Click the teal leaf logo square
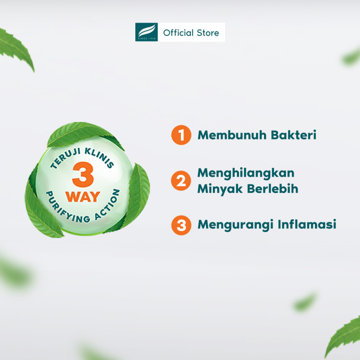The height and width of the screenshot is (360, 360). pyautogui.click(x=147, y=32)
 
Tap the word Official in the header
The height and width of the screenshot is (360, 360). pyautogui.click(x=178, y=33)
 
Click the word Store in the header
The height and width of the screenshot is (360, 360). pyautogui.click(x=208, y=33)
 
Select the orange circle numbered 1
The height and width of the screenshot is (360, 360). pyautogui.click(x=181, y=135)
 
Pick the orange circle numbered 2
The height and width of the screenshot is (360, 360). pyautogui.click(x=181, y=181)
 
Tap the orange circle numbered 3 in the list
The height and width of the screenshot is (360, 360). pyautogui.click(x=181, y=225)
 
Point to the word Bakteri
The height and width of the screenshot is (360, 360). pyautogui.click(x=294, y=135)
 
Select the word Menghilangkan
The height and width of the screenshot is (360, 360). pyautogui.click(x=246, y=174)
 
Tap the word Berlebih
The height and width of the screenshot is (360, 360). pyautogui.click(x=273, y=189)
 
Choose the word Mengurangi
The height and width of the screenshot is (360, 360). pyautogui.click(x=236, y=225)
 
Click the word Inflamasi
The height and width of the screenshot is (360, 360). pyautogui.click(x=307, y=224)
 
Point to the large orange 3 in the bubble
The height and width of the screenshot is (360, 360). pyautogui.click(x=83, y=174)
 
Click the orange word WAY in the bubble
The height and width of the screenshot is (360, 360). pyautogui.click(x=83, y=197)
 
